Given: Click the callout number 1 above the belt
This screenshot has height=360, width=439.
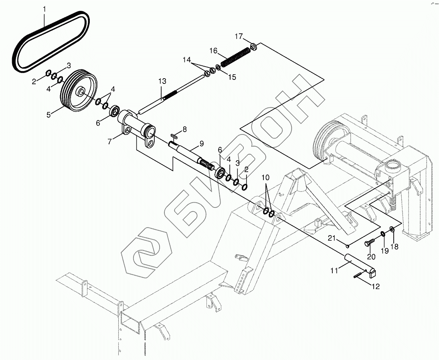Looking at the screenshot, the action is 44,9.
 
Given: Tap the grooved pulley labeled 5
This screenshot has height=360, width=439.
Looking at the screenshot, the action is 79,92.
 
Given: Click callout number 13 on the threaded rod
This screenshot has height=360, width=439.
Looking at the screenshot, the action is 162,81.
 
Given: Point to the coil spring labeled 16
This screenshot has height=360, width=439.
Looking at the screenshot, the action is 235,58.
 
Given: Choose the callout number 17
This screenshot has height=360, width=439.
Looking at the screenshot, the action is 239,37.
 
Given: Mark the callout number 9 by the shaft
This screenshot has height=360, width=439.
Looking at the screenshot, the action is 202,144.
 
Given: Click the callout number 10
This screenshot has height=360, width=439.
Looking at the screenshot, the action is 266,177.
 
